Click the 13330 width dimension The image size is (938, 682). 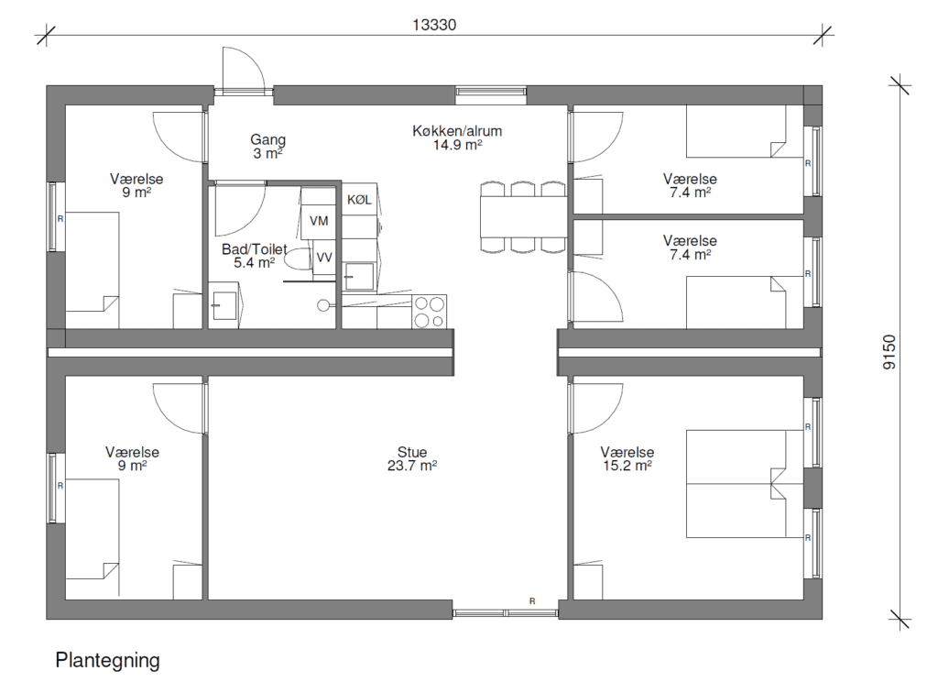click(434, 25)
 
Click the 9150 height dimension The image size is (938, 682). click(889, 351)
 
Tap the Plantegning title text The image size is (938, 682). click(108, 660)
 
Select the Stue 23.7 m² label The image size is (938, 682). click(412, 458)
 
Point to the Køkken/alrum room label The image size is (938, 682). click(457, 137)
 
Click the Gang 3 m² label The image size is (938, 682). click(267, 146)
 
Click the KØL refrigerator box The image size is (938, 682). click(359, 200)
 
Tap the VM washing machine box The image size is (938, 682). click(318, 221)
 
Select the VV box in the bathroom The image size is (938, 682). click(324, 258)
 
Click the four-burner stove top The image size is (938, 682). click(430, 312)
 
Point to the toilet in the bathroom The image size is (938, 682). click(298, 258)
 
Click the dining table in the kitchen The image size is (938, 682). click(523, 216)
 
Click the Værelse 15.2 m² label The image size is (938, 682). click(627, 458)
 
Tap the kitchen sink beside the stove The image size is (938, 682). click(359, 276)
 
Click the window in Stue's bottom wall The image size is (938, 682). click(506, 612)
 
